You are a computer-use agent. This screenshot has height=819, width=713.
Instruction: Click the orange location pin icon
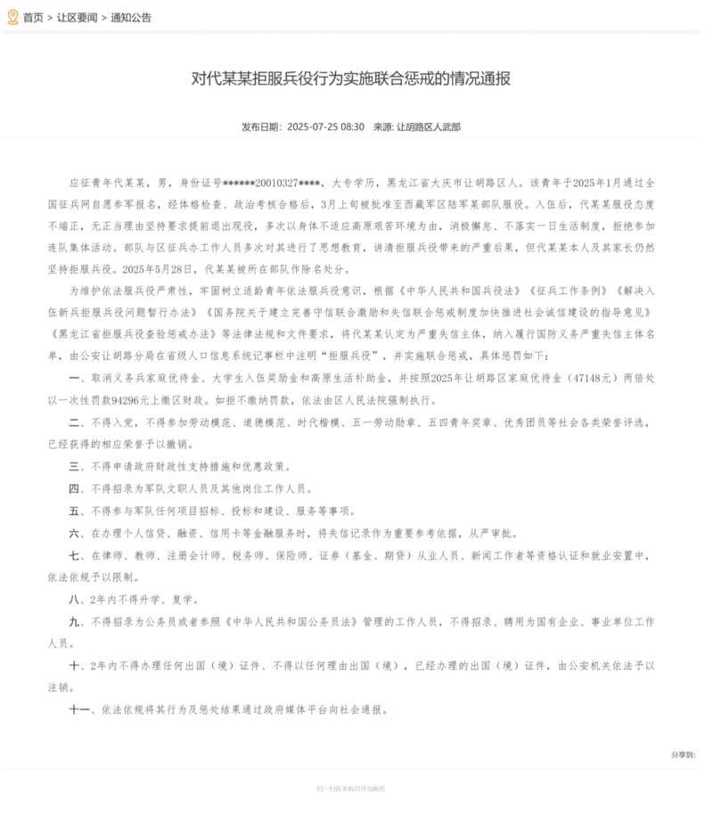(x=12, y=16)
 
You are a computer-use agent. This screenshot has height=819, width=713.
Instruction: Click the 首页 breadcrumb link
(x=33, y=17)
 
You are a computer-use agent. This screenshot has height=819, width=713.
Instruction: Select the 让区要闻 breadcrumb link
(x=77, y=17)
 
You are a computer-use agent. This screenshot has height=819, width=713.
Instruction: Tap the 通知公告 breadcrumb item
(x=132, y=17)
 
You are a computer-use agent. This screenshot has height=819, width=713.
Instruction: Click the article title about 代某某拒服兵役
(x=350, y=78)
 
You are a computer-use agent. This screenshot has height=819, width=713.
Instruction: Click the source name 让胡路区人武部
(x=429, y=127)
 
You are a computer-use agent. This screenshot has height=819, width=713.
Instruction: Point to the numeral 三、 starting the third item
(x=76, y=466)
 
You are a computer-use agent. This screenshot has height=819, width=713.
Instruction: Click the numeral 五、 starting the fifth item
(x=76, y=511)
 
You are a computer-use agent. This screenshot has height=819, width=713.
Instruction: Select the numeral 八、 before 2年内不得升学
(x=76, y=599)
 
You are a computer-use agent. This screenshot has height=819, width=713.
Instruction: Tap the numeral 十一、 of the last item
(x=81, y=710)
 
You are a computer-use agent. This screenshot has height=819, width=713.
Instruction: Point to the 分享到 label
(x=683, y=755)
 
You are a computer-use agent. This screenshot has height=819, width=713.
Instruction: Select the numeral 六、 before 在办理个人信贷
(x=76, y=533)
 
